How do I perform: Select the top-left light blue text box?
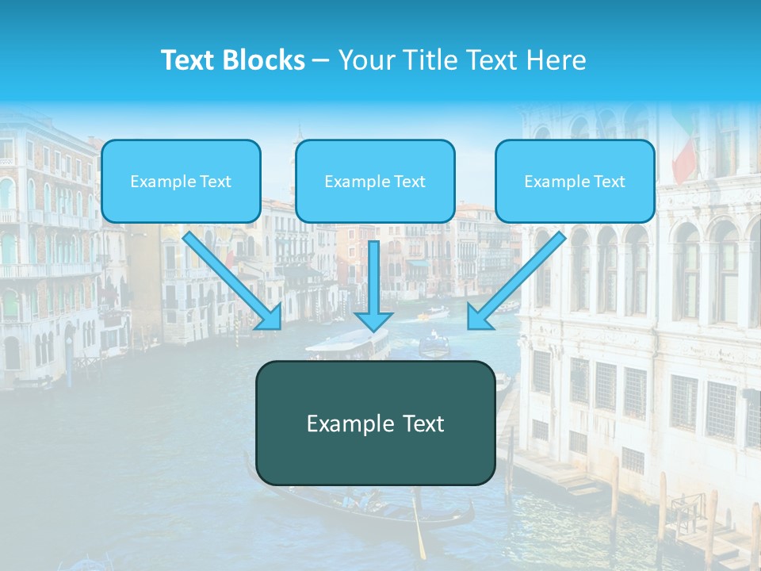pos(181,181)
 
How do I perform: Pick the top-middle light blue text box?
pos(375,181)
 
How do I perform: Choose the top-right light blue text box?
pos(575,181)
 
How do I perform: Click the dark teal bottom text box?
pos(375,423)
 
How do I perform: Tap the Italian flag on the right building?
pos(686,151)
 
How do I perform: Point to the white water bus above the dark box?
pos(347,346)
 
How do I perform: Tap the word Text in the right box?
pos(609,182)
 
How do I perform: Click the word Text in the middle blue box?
pos(409,182)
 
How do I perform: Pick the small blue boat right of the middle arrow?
pos(434,345)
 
